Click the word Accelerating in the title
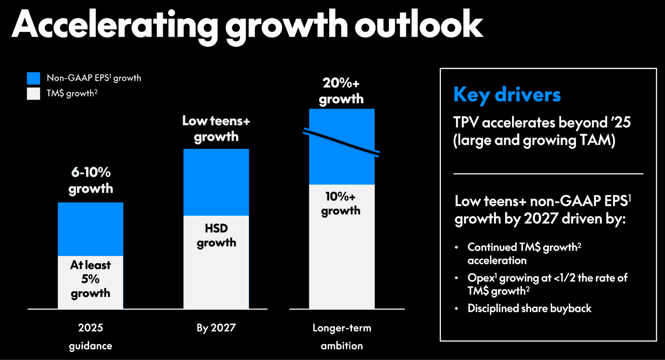click(x=115, y=25)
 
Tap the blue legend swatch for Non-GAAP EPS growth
click(x=34, y=78)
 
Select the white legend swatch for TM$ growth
click(x=34, y=93)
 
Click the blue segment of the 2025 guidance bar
click(x=91, y=229)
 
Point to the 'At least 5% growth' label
click(x=91, y=279)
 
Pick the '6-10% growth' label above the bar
click(x=91, y=180)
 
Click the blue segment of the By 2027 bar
click(x=216, y=182)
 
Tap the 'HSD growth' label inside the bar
click(x=216, y=235)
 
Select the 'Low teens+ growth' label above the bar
click(x=216, y=128)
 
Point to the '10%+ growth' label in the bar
click(x=340, y=203)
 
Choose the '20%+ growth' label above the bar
click(x=341, y=91)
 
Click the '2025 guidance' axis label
click(x=91, y=336)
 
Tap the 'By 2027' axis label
click(x=216, y=328)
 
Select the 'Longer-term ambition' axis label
click(x=342, y=336)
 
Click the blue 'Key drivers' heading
click(x=507, y=95)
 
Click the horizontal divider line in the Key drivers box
click(x=548, y=173)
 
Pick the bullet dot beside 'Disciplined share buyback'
click(x=456, y=308)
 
